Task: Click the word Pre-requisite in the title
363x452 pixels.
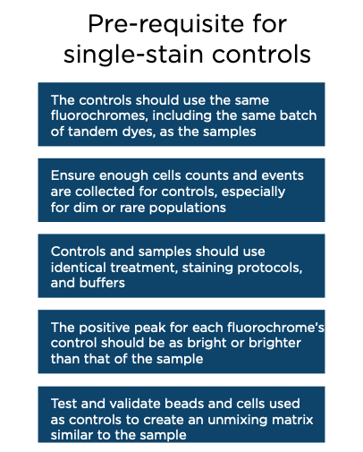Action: [x=165, y=25]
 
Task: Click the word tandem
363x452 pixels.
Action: [x=93, y=132]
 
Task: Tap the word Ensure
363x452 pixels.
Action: [x=72, y=175]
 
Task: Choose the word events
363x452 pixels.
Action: [x=283, y=175]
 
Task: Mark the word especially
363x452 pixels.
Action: [x=253, y=192]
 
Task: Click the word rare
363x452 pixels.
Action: [x=132, y=208]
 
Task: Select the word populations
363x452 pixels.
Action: [x=188, y=208]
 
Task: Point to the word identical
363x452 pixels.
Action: [x=79, y=268]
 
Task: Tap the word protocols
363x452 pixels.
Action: [x=270, y=268]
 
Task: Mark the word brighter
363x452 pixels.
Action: [x=274, y=343]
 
